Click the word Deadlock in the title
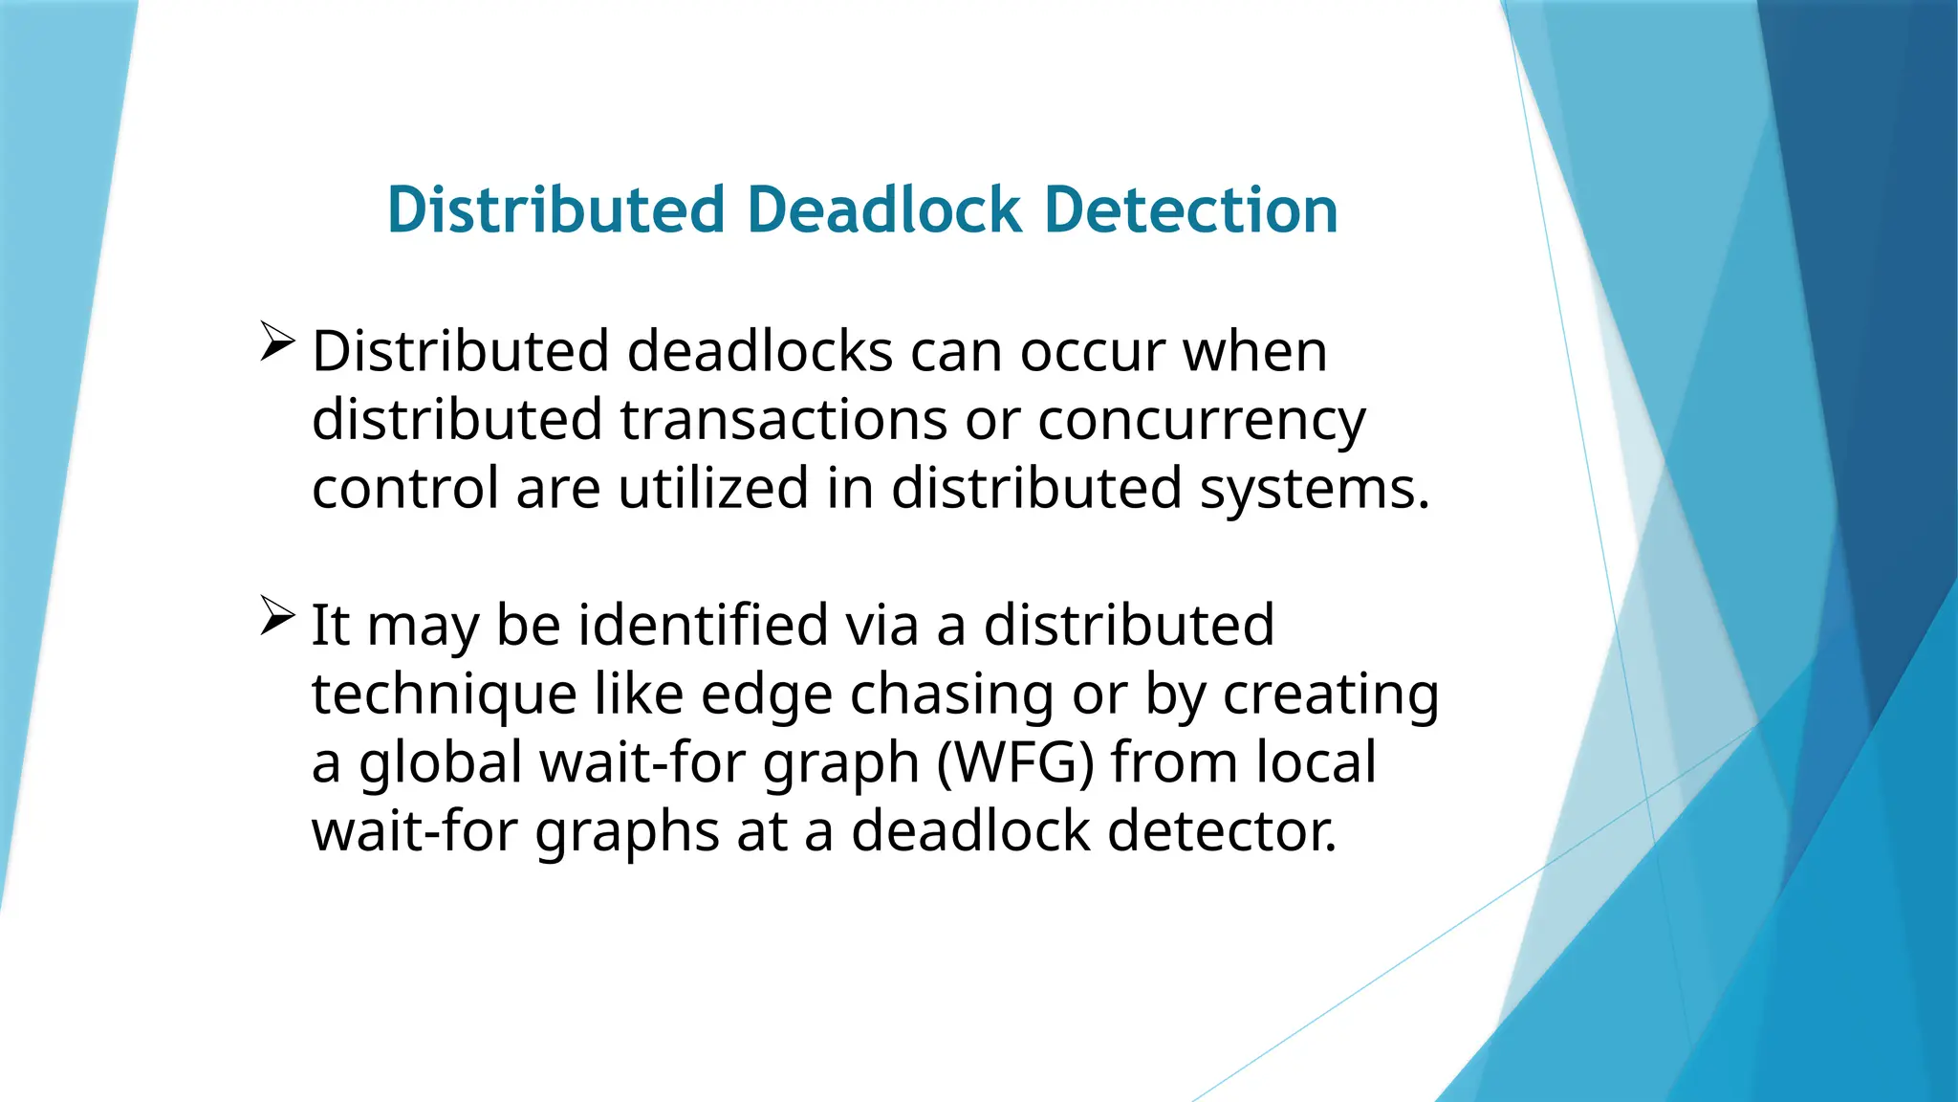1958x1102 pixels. (884, 210)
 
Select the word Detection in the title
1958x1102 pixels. (1190, 210)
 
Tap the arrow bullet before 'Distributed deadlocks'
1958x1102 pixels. (276, 342)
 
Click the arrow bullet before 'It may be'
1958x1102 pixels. (276, 616)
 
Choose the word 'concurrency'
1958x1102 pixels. (1202, 421)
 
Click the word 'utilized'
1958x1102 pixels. (713, 488)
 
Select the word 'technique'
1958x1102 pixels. (444, 695)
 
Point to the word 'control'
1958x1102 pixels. (405, 488)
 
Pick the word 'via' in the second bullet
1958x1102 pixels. (881, 625)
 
